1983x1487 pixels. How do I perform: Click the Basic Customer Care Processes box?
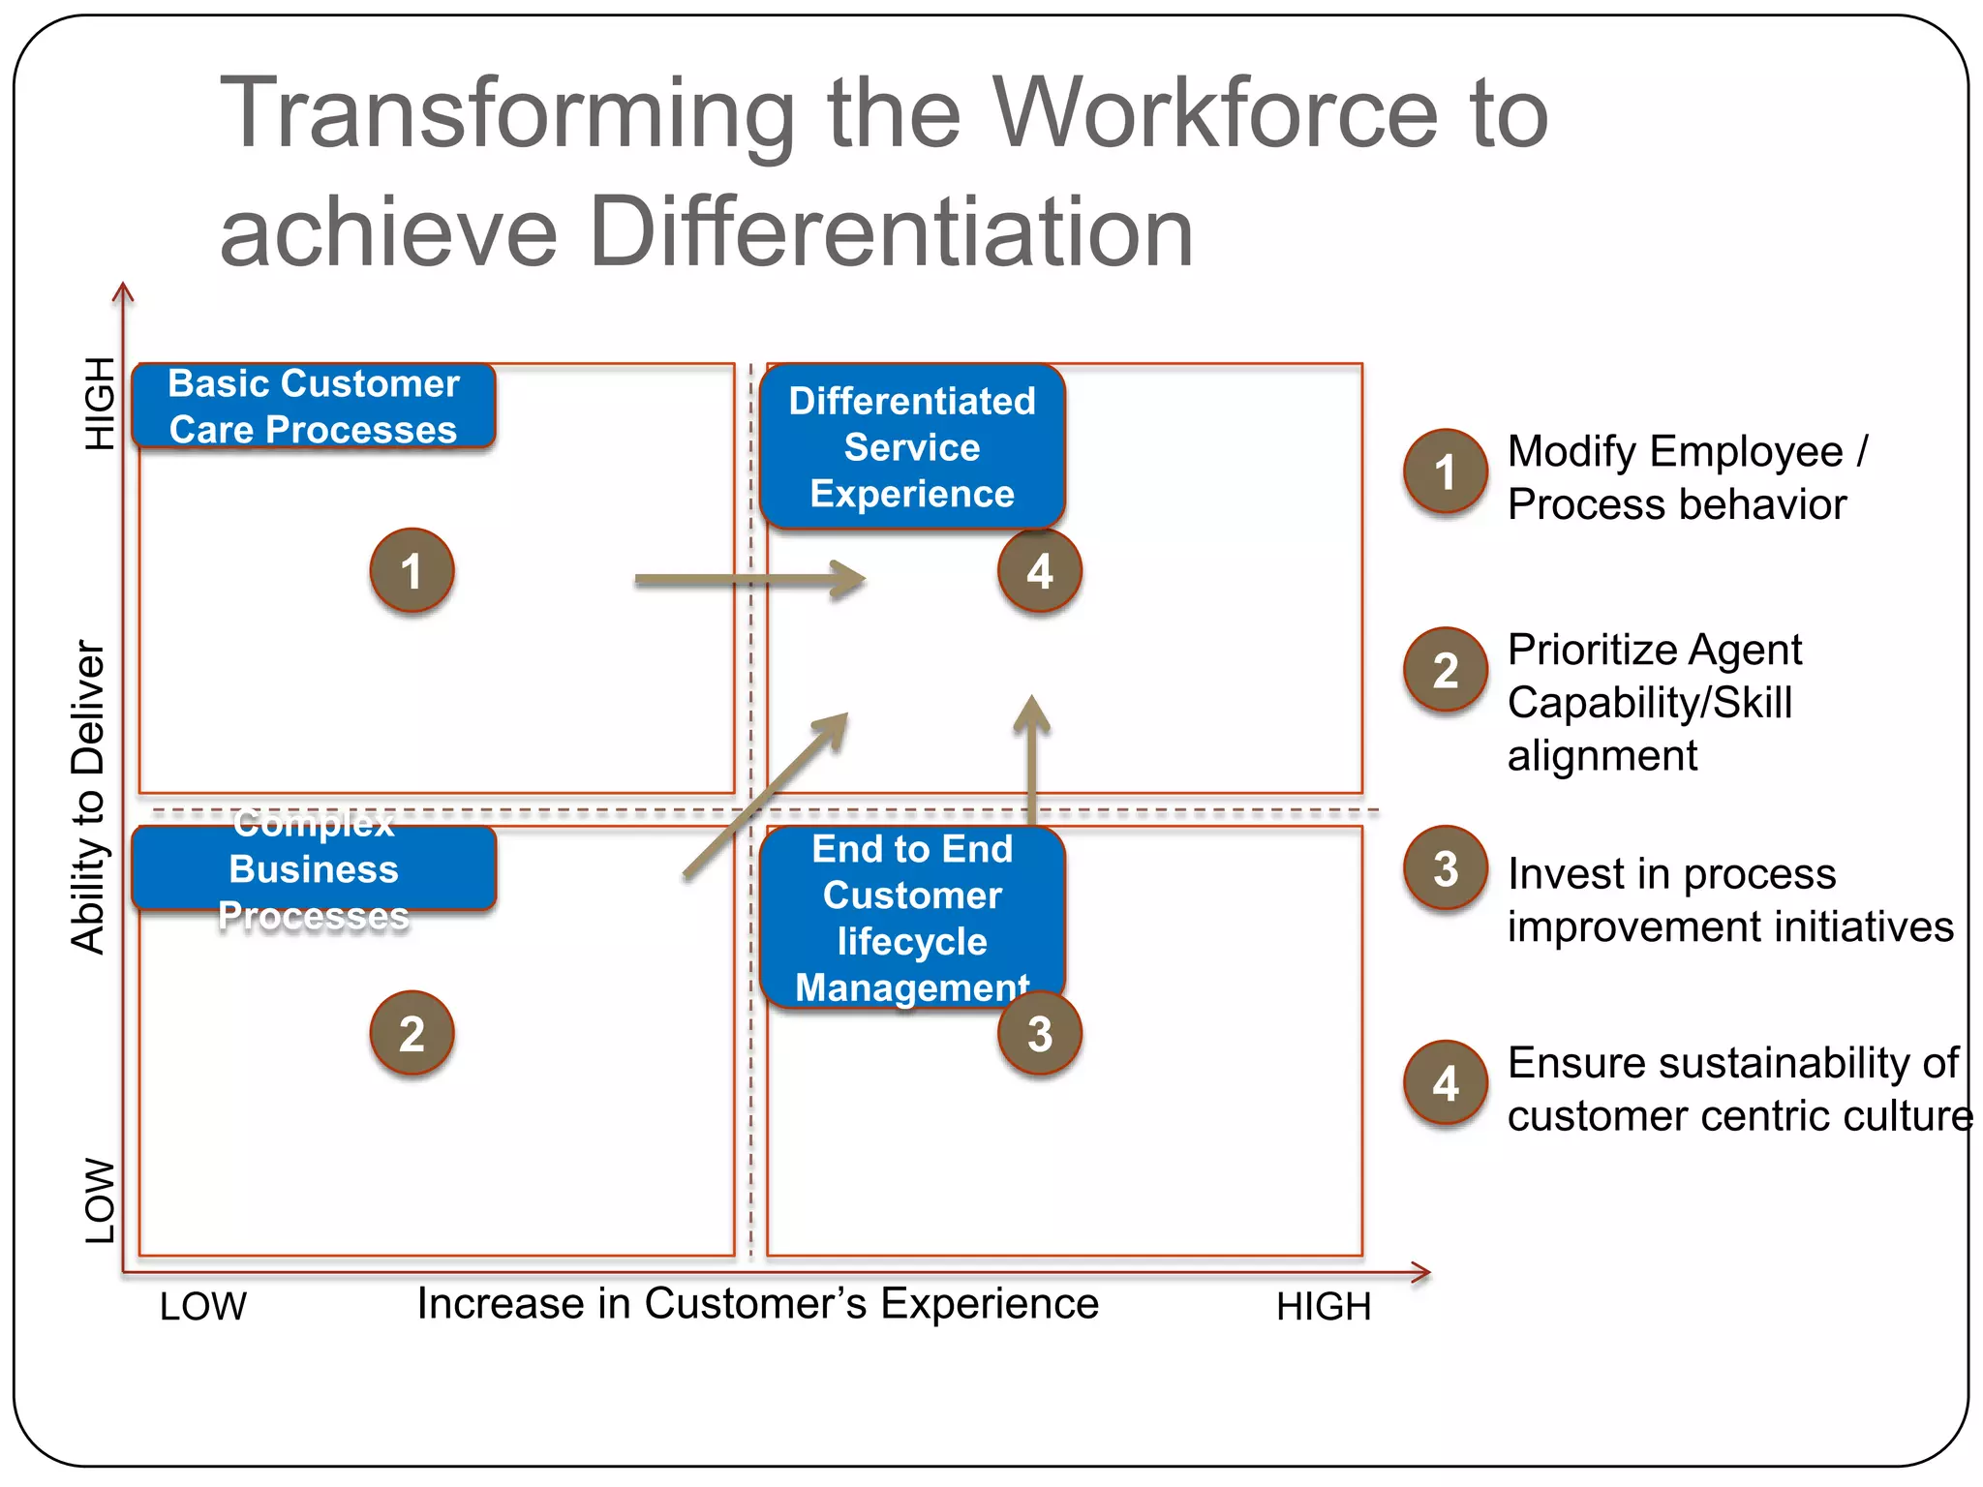(314, 406)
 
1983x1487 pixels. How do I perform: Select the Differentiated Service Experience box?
(911, 447)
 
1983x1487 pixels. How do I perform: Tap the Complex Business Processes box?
(314, 868)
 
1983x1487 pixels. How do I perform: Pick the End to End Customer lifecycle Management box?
(911, 917)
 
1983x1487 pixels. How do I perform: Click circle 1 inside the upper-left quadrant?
(412, 570)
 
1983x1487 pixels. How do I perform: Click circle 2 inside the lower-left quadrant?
(412, 1033)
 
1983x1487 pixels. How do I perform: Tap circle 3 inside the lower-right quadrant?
(1039, 1033)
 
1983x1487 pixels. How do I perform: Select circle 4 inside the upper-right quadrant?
(1039, 570)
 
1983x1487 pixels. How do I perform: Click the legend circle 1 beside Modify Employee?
(1445, 471)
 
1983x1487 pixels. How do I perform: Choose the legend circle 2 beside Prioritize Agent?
(1445, 670)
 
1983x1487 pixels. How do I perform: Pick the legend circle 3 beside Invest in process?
(1445, 868)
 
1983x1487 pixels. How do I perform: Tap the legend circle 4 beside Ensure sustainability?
(1445, 1082)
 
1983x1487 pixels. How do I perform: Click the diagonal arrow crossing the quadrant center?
(765, 796)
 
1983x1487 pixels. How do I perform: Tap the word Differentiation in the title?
(891, 232)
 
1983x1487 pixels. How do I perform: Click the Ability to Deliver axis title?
(88, 796)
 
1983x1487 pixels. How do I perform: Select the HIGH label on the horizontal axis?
(1323, 1307)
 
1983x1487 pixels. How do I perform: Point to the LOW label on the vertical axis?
(100, 1200)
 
